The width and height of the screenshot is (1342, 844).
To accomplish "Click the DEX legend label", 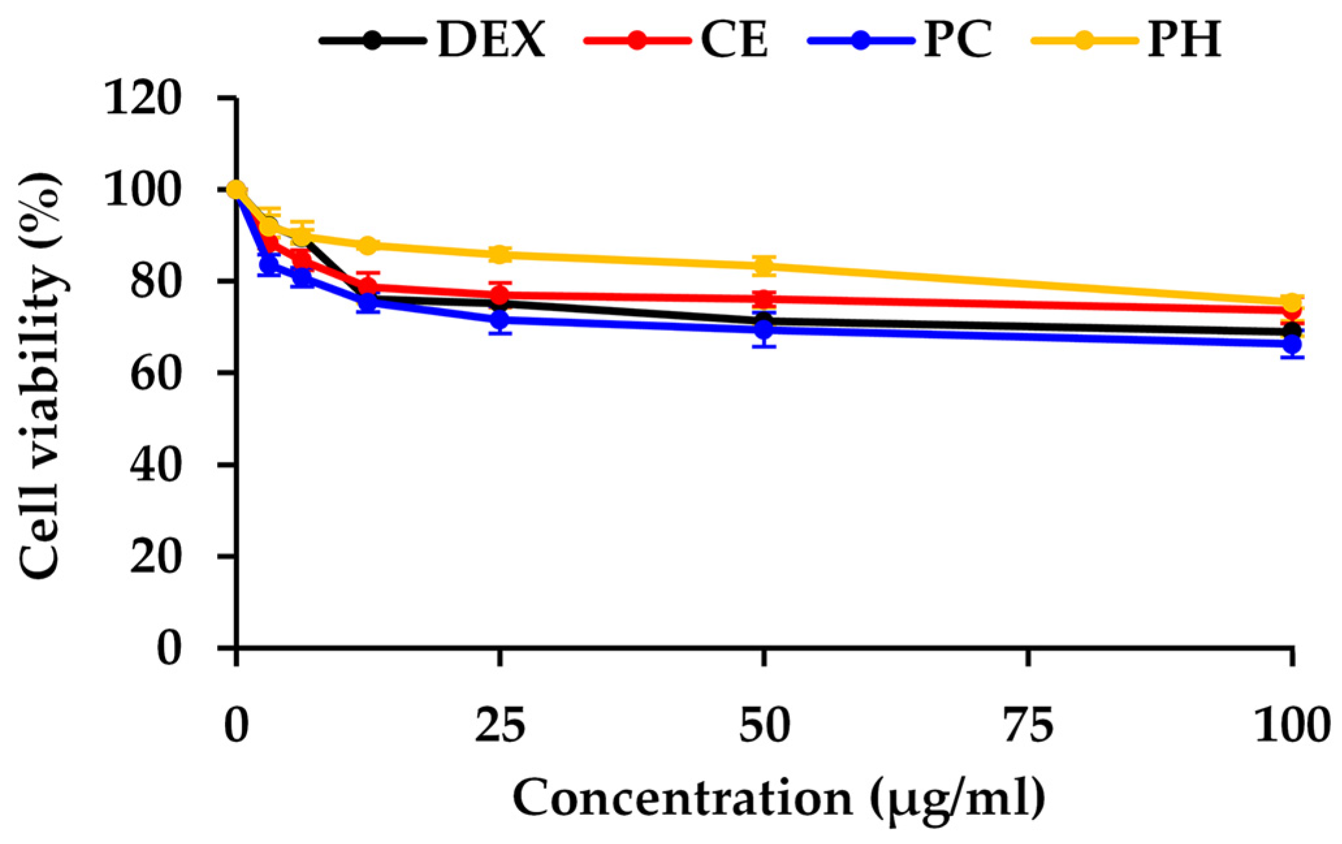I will point(491,40).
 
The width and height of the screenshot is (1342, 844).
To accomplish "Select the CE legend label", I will point(734,40).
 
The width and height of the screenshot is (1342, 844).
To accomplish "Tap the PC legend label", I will point(958,40).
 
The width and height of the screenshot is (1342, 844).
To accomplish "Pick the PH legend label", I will point(1183,40).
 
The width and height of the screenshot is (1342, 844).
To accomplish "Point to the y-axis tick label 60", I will point(155,374).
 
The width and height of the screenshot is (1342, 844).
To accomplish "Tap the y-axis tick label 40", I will point(155,466).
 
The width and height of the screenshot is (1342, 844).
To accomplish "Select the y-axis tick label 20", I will point(155,557).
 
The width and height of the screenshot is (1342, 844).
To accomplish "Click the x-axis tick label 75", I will point(1027,726).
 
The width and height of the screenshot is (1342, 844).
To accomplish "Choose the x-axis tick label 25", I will point(499,726).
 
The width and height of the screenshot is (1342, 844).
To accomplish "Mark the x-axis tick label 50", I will point(764,726).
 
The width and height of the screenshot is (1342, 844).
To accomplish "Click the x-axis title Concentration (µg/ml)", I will point(779,798).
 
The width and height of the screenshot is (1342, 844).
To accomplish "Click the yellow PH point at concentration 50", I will point(765,265).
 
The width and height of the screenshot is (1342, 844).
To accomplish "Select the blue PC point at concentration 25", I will point(499,320).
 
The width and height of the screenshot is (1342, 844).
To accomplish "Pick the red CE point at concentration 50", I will point(765,300).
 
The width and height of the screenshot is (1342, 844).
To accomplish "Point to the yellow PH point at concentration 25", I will point(499,254).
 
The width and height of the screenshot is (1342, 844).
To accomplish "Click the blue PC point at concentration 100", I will point(1293,343).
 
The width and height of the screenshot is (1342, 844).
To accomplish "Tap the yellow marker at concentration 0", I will point(237,190).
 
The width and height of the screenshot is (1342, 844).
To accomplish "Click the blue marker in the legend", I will point(860,40).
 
